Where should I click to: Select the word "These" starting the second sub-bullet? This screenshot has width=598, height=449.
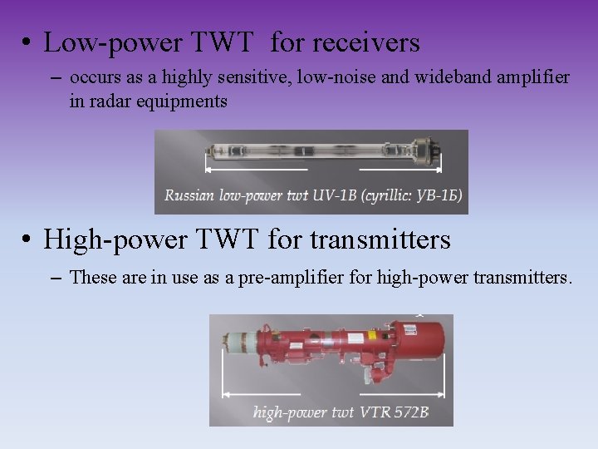93,277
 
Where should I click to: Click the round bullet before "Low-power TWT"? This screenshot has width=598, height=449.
28,44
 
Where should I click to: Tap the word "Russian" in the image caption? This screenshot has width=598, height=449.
190,196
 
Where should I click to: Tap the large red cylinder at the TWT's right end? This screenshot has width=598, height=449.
424,336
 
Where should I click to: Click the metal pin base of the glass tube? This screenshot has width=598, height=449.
433,152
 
